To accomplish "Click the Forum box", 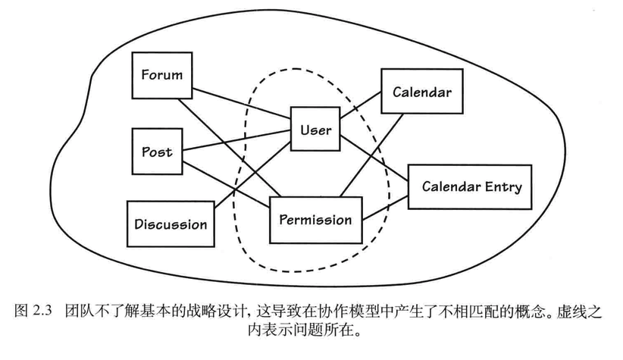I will click(161, 74).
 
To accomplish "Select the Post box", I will click(158, 152).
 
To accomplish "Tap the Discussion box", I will click(171, 224).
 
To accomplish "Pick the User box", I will click(315, 130).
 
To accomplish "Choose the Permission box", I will click(315, 220).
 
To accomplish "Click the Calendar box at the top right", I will click(421, 92).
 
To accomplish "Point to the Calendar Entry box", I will click(471, 186).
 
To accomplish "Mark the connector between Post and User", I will click(235, 141).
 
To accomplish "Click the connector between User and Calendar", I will click(360, 108).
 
